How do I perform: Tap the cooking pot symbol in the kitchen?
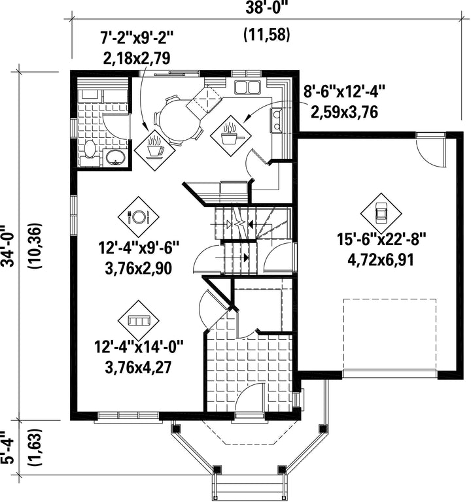pos(230,136)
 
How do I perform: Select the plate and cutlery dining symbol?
pos(139,217)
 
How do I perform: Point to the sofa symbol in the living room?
pos(139,321)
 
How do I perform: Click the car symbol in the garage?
pos(381,214)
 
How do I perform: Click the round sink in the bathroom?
pos(116,157)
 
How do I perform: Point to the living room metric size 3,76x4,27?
pos(138,367)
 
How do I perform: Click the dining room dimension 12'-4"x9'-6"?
pos(139,248)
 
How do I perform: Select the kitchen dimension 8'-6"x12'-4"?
pos(344,93)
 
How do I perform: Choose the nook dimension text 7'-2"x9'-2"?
pos(137,39)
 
